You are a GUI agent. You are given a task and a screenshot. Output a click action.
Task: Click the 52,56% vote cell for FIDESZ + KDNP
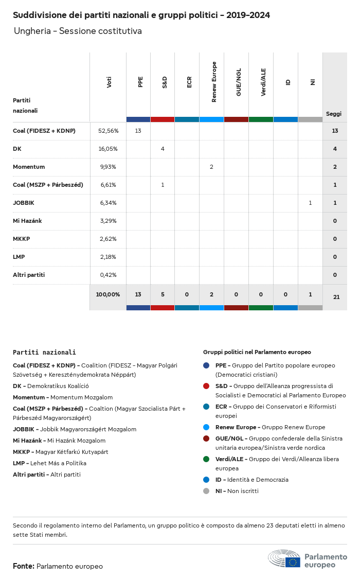click(x=108, y=131)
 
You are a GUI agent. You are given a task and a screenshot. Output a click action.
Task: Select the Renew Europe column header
click(x=214, y=82)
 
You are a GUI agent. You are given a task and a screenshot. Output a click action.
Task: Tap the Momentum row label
click(x=29, y=167)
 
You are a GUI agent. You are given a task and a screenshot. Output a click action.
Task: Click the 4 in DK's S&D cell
click(x=163, y=149)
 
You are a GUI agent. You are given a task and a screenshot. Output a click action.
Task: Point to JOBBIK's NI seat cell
click(x=310, y=203)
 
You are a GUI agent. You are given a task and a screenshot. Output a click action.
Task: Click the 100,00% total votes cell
click(x=108, y=294)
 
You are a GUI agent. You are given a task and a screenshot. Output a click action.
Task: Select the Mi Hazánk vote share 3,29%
click(x=108, y=221)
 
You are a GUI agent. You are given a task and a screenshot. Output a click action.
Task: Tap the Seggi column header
click(x=334, y=114)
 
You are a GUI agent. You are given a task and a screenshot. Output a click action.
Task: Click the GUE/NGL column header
click(x=239, y=82)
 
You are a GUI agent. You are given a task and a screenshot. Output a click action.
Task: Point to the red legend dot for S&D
click(x=206, y=386)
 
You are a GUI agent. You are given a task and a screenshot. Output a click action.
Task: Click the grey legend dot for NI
click(x=206, y=491)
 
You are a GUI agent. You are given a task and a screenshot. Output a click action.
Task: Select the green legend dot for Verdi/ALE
click(x=206, y=459)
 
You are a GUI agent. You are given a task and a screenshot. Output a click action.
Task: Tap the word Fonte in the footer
click(x=24, y=566)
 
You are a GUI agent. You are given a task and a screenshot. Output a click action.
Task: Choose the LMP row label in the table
click(x=19, y=257)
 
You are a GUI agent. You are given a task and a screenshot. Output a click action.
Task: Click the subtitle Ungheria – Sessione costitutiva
click(x=78, y=31)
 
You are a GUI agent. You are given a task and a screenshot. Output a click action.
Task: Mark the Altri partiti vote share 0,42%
click(x=108, y=275)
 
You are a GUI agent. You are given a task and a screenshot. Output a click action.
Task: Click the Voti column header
click(x=109, y=82)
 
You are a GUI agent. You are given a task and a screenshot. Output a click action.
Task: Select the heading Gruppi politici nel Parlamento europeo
click(x=257, y=352)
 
